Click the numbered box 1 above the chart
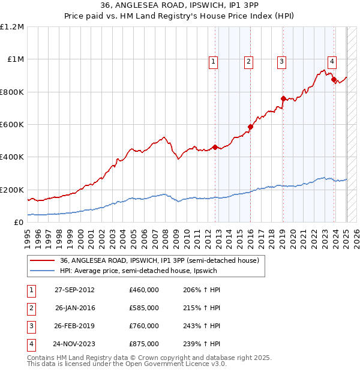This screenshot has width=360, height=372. (x=214, y=61)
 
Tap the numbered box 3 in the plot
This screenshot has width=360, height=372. (x=281, y=61)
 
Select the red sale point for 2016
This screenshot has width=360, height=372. (x=250, y=127)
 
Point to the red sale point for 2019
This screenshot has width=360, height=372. (x=283, y=98)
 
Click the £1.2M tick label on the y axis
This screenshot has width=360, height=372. (x=13, y=27)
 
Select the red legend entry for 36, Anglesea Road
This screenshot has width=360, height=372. (x=159, y=260)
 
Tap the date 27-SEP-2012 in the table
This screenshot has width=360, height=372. (x=74, y=290)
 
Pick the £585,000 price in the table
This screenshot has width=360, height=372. (x=144, y=308)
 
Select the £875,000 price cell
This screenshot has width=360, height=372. (x=144, y=344)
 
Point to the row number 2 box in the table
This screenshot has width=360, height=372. (x=30, y=308)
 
